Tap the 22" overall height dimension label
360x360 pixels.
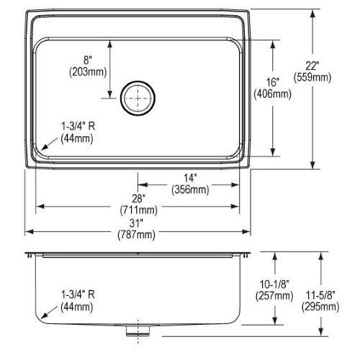(x=312, y=66)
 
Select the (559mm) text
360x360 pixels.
(x=312, y=77)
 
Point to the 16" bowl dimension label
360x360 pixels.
(x=273, y=82)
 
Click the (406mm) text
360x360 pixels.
(x=273, y=94)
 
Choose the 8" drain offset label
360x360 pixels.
(x=88, y=60)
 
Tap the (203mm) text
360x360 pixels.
(x=88, y=72)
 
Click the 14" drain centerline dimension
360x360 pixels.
(x=190, y=178)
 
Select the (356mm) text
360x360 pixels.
(x=190, y=189)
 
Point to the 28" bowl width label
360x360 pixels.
(x=138, y=199)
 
